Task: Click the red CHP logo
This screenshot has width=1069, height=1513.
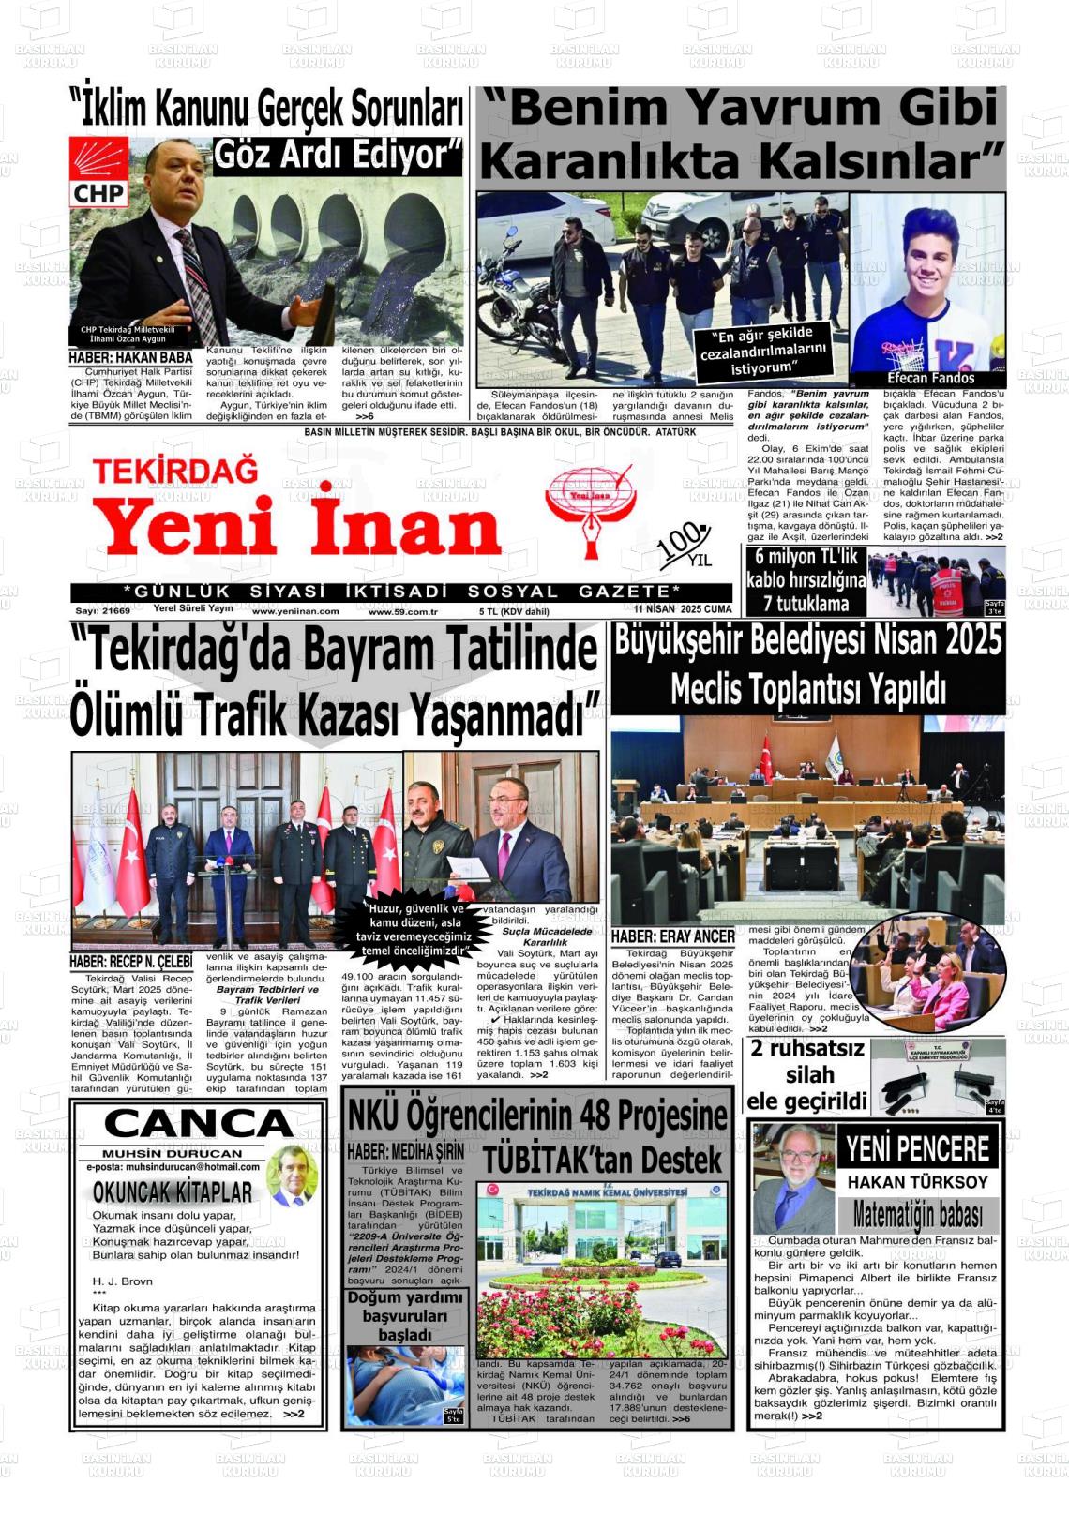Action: tap(99, 172)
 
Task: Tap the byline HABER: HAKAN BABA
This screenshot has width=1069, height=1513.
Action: tap(130, 357)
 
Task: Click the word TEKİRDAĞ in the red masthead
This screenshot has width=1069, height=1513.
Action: tap(174, 470)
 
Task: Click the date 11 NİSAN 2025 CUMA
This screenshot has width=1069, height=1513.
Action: tap(682, 609)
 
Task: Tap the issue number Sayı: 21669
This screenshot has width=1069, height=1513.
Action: tap(102, 610)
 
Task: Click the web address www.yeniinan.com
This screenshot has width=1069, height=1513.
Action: tap(295, 610)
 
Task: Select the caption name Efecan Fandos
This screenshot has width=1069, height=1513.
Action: tap(931, 378)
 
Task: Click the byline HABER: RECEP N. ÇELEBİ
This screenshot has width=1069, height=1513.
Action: tap(130, 962)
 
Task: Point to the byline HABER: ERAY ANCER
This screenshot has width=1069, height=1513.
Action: tap(672, 936)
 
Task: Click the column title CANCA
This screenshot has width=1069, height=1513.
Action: tap(198, 1123)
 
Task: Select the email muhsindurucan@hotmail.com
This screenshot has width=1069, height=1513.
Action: tap(173, 1167)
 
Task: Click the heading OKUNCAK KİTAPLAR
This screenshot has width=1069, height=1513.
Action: tap(173, 1191)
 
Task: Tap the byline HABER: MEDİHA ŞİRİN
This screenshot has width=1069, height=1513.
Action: tap(405, 1151)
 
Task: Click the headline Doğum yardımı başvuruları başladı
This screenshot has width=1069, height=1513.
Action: tap(405, 1316)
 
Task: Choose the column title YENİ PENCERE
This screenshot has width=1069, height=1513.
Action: tap(917, 1148)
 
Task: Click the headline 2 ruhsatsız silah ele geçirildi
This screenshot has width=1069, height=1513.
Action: tap(807, 1074)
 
